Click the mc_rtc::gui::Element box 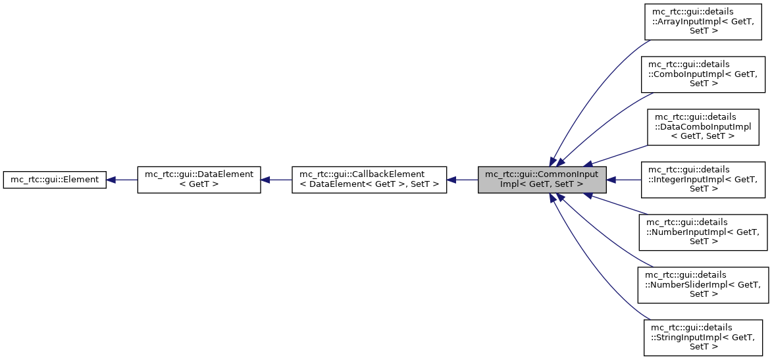click(x=55, y=179)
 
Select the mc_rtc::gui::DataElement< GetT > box click(x=199, y=179)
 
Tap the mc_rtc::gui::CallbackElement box click(x=369, y=179)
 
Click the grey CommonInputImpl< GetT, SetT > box click(x=542, y=179)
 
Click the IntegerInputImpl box click(x=704, y=179)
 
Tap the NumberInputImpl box click(x=704, y=232)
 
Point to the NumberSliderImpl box click(x=704, y=284)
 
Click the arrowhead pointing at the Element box click(x=112, y=179)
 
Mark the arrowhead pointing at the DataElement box click(x=266, y=179)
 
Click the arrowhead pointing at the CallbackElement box click(x=452, y=179)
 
